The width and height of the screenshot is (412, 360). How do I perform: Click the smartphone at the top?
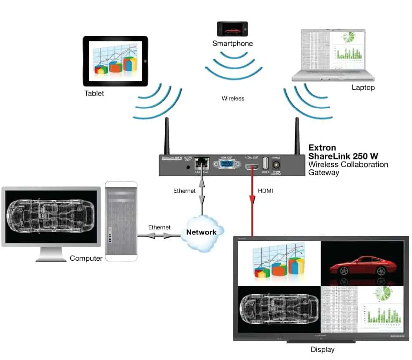[232, 29]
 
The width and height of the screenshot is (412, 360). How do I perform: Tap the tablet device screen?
[115, 61]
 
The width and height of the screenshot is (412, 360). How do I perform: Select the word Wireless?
[233, 98]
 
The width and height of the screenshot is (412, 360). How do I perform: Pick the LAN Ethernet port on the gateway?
[202, 163]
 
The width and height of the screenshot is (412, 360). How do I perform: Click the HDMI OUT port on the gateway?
[252, 166]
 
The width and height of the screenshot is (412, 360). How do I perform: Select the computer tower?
[121, 221]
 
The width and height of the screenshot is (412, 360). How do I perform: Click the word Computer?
[86, 258]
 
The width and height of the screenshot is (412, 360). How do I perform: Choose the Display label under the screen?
[322, 350]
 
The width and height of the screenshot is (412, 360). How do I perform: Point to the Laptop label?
[363, 87]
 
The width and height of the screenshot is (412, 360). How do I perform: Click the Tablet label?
[94, 93]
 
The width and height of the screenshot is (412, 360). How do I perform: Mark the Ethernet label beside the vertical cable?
[184, 191]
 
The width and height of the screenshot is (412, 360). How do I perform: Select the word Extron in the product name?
[322, 148]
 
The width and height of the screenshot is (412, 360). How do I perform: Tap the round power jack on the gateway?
[276, 164]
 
